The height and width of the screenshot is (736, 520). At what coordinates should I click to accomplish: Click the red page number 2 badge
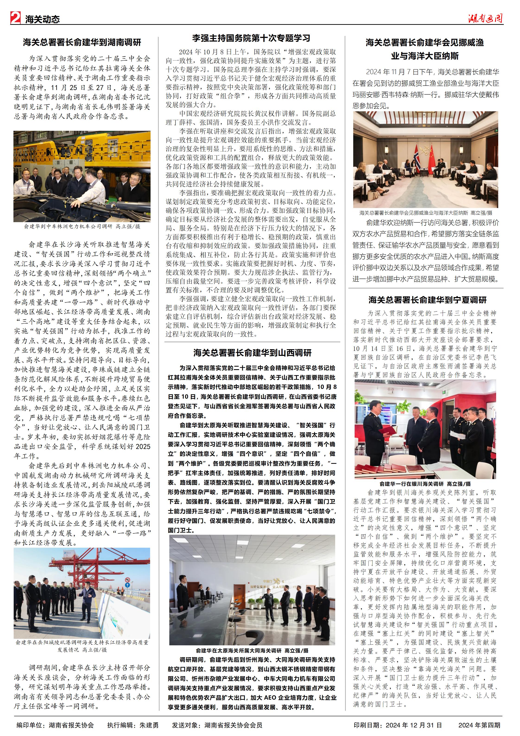(15, 18)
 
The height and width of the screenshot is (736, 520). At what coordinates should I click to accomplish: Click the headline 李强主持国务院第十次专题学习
(251, 38)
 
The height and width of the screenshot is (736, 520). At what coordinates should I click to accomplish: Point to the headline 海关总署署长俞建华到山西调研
(252, 353)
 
